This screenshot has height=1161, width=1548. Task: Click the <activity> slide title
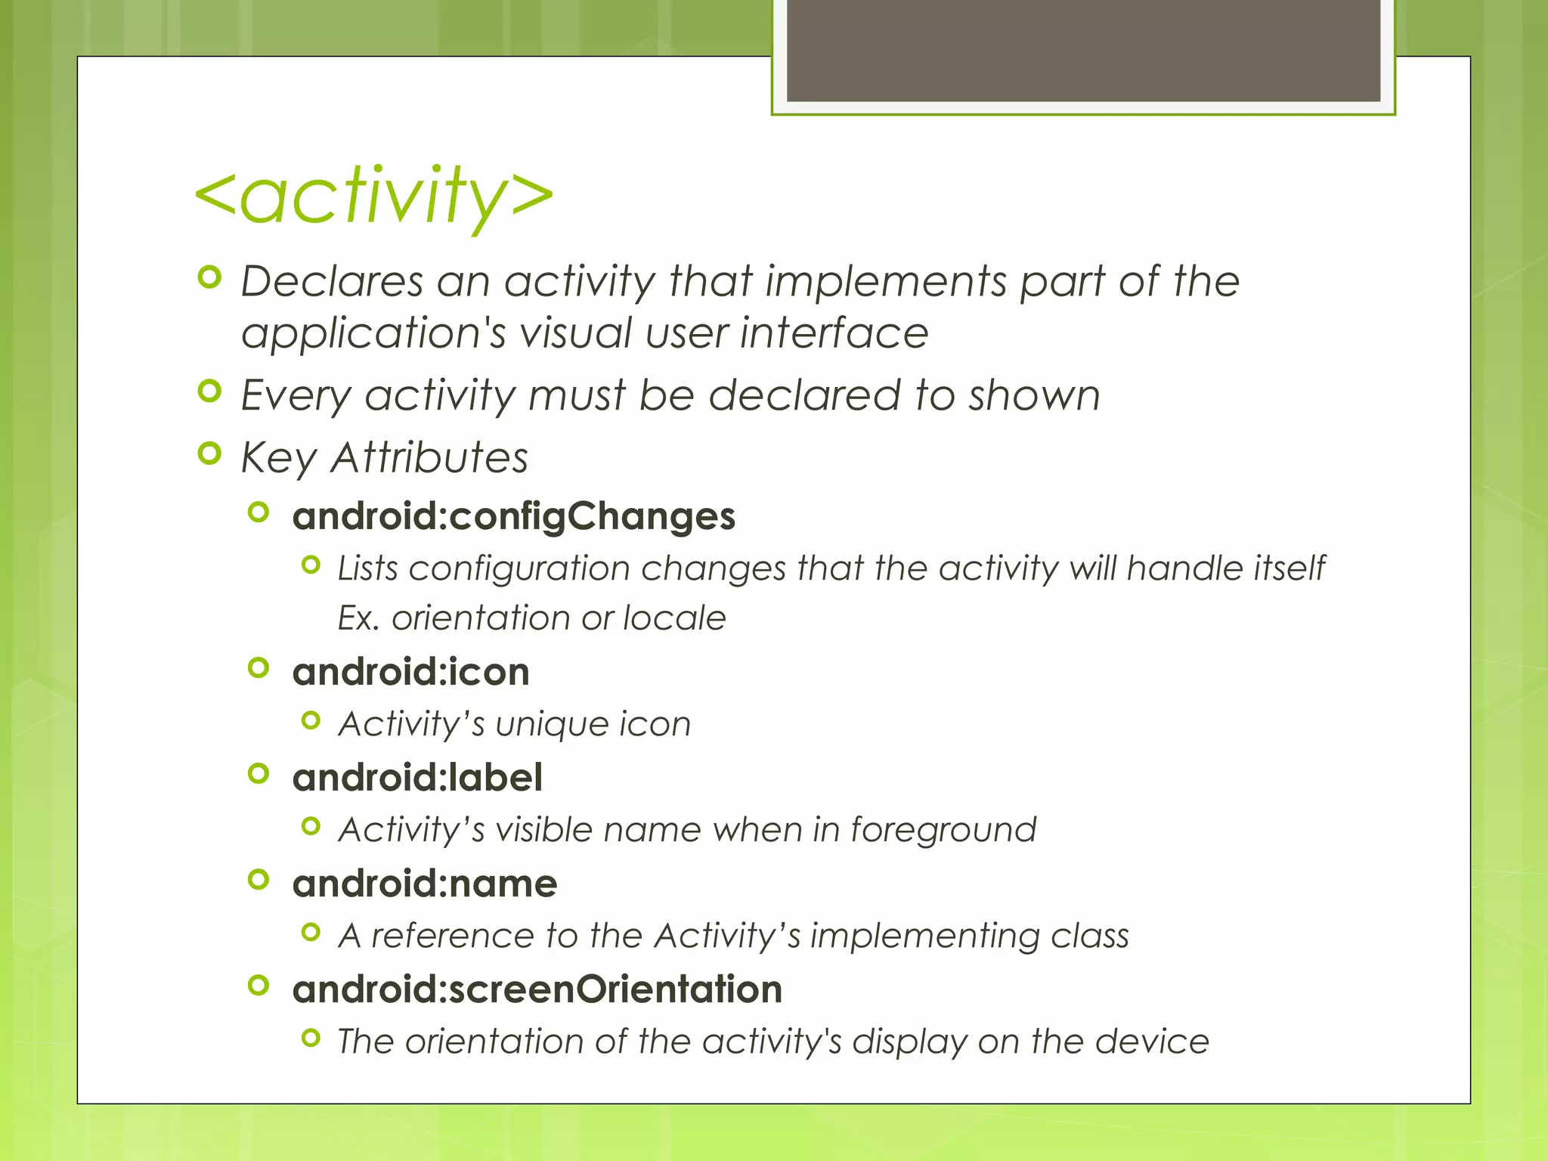pos(374,197)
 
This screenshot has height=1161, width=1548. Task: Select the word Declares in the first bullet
pos(332,282)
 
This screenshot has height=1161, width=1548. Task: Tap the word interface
pos(834,333)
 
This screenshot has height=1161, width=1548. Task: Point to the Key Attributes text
pos(384,458)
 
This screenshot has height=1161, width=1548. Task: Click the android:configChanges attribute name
pos(513,517)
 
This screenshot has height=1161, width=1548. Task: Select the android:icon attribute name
pos(410,672)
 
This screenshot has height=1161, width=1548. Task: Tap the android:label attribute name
pos(417,778)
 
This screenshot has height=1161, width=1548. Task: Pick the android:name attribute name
pos(425,884)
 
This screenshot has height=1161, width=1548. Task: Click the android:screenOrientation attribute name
pos(537,989)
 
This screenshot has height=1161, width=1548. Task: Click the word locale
pos(674,618)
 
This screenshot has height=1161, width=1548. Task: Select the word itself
pos(1289,568)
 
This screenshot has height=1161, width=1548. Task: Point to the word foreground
pos(943,830)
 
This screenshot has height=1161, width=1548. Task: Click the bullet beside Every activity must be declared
pos(209,392)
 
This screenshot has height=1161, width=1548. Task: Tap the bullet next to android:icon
pos(259,668)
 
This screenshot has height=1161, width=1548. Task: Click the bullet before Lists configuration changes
pos(311,565)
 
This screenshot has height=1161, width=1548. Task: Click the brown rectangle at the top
pos(1083,50)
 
